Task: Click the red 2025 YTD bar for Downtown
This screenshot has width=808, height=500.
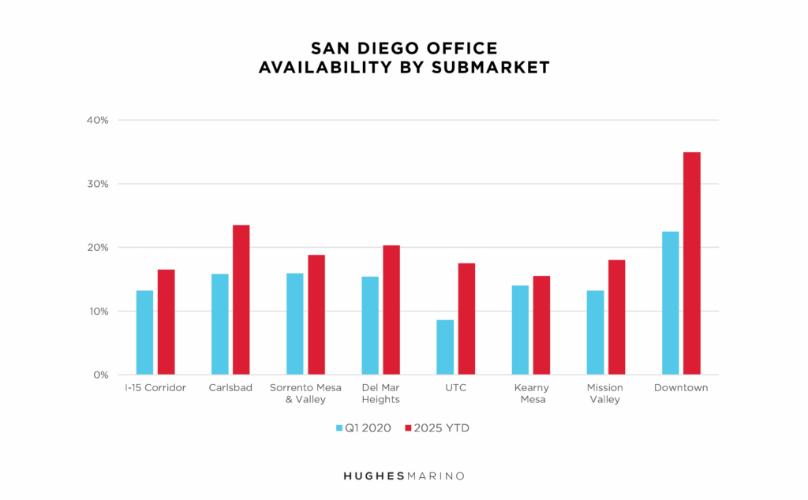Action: [x=691, y=263]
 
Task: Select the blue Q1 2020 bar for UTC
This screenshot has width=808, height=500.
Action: [x=445, y=347]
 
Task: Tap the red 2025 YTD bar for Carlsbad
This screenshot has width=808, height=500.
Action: [x=241, y=300]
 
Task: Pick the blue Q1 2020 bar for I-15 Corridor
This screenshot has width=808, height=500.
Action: [x=144, y=332]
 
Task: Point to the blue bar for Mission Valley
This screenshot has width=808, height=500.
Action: [x=595, y=332]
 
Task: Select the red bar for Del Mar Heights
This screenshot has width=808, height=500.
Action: [x=391, y=309]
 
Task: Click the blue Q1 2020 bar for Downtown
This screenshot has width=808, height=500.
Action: [x=670, y=303]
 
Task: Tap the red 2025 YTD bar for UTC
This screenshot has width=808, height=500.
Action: [x=466, y=319]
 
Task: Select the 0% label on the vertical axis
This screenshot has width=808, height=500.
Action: [x=100, y=375]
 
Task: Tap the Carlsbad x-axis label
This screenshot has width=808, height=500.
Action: [x=230, y=388]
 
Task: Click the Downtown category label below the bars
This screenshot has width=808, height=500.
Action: [x=681, y=388]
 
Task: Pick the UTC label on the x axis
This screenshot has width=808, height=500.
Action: [x=455, y=388]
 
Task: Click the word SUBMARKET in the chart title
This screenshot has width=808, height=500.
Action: [x=490, y=68]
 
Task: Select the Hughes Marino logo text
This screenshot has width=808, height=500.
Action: [x=404, y=476]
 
